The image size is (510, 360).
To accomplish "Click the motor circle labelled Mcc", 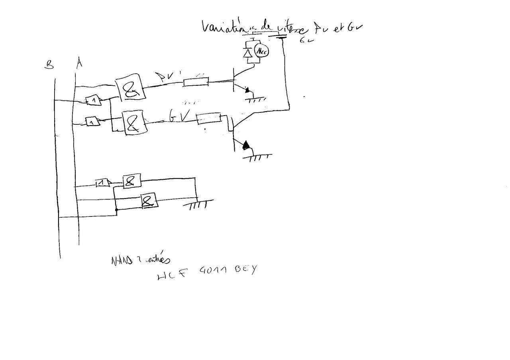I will [261, 51].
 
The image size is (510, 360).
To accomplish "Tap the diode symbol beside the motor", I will [247, 53].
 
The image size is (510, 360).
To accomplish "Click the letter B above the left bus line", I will [49, 65].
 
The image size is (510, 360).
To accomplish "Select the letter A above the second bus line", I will [79, 63].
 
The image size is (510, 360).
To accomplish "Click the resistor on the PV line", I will [196, 83].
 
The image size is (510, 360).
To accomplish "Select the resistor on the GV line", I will [208, 118].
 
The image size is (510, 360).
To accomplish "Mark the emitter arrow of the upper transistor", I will [247, 91].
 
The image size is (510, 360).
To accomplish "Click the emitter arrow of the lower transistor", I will [247, 145].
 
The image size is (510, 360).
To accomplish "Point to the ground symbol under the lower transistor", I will [257, 157].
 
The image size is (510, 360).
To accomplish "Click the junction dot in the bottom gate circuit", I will [116, 209].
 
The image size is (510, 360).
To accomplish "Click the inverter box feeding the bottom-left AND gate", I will [103, 183].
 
